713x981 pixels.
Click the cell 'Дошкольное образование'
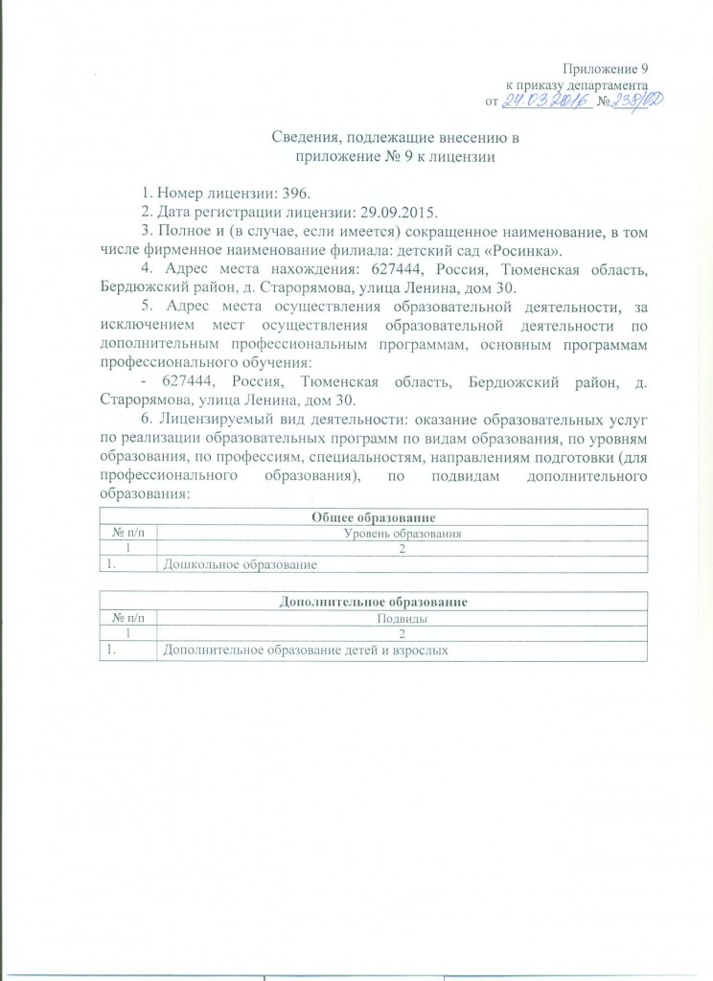coord(240,566)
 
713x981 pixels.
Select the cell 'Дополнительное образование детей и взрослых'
coord(307,651)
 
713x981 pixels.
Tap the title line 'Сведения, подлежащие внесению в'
coord(395,142)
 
